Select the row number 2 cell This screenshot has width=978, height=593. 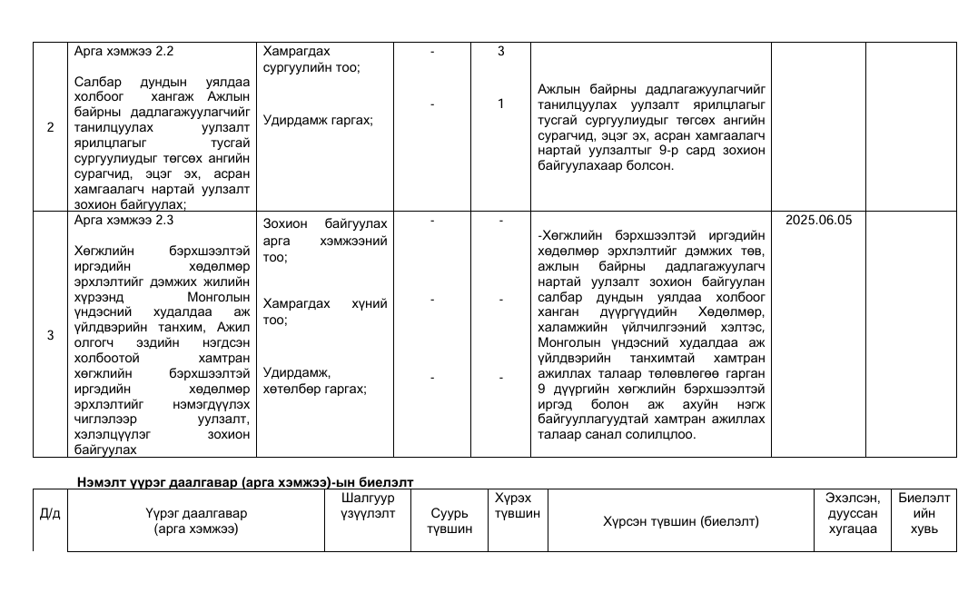(50, 127)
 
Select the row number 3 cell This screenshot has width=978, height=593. (50, 334)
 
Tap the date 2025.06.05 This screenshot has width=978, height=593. (818, 220)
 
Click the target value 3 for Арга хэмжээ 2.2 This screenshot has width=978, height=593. (500, 52)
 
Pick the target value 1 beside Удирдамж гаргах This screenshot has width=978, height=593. (500, 104)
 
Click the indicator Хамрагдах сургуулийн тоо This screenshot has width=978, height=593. (311, 60)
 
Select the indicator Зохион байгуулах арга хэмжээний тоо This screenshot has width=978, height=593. (325, 241)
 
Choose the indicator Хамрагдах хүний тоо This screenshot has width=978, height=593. (325, 311)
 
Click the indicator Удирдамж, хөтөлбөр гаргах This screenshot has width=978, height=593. (314, 381)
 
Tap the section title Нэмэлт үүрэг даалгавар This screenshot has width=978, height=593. (245, 481)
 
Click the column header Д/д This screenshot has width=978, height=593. (50, 514)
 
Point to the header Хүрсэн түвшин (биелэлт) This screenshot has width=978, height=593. (680, 521)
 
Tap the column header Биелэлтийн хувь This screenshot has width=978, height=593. (924, 513)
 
